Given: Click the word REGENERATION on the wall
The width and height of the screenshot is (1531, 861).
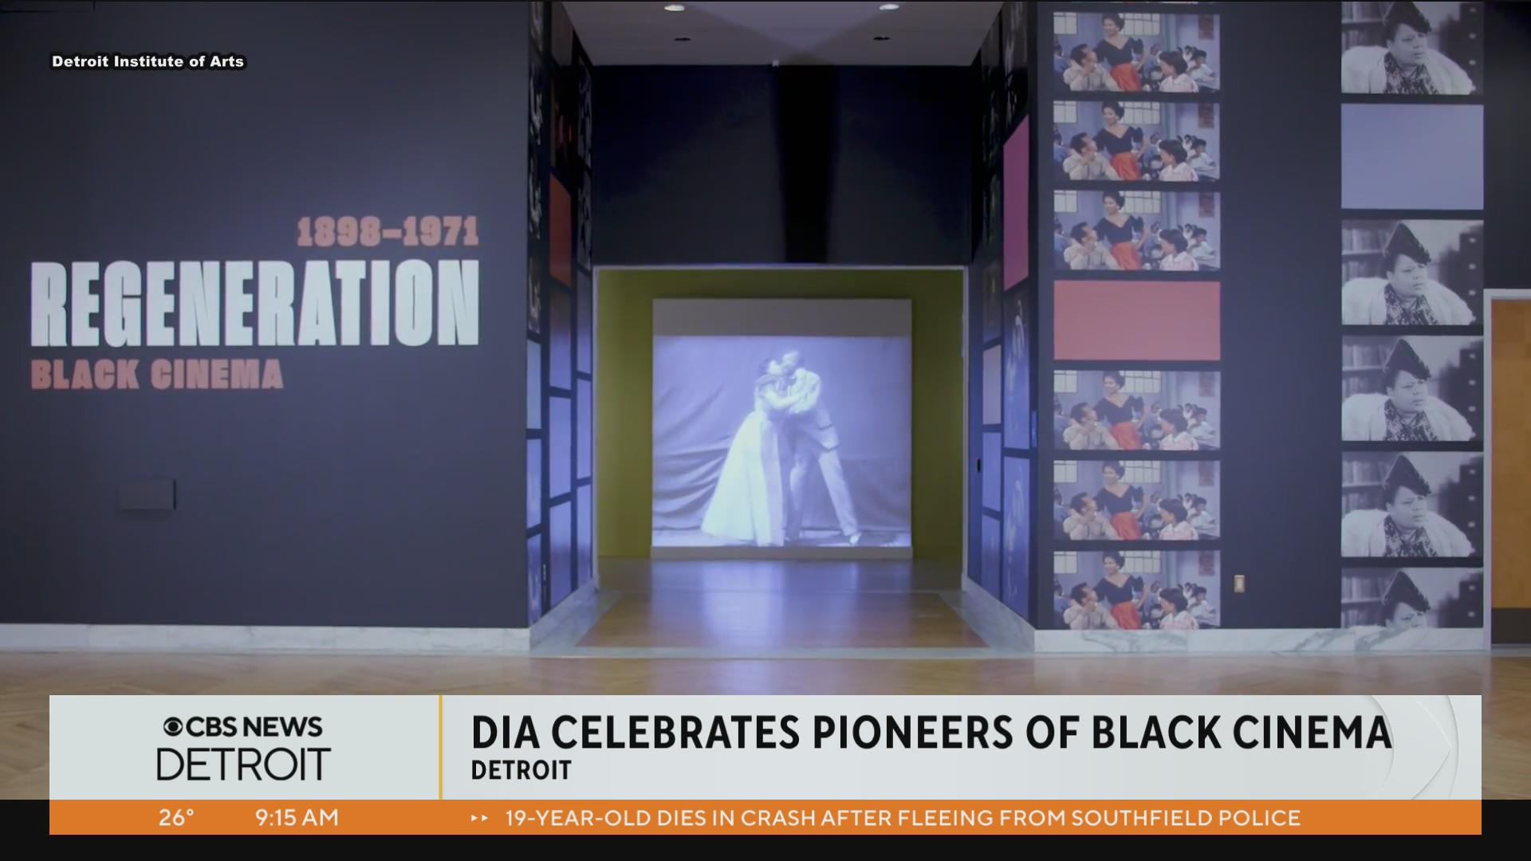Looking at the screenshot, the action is pyautogui.click(x=255, y=303).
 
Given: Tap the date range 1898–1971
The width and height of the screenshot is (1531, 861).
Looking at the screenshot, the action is pyautogui.click(x=388, y=232).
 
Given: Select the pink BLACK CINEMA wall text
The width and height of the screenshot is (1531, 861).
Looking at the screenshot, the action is pyautogui.click(x=157, y=375).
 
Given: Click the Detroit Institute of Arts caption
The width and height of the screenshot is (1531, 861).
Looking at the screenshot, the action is pyautogui.click(x=148, y=61).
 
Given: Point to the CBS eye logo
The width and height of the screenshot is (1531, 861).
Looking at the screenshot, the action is pyautogui.click(x=173, y=727).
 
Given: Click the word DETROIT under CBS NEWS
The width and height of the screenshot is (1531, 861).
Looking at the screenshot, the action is pyautogui.click(x=243, y=765).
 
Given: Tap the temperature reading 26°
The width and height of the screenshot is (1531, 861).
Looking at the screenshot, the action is pyautogui.click(x=175, y=818).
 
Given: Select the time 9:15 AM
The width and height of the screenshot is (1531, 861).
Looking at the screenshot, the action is pyautogui.click(x=297, y=818).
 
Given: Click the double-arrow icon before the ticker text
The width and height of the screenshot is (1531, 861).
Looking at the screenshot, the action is pyautogui.click(x=479, y=818).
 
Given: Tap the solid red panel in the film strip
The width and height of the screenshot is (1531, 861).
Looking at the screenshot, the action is pyautogui.click(x=1136, y=320).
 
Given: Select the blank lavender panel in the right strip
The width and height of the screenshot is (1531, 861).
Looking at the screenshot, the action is pyautogui.click(x=1411, y=156).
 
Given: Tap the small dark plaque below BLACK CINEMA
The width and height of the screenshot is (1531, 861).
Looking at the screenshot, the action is pyautogui.click(x=146, y=494).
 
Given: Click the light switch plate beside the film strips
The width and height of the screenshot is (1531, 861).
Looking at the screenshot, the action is pyautogui.click(x=1239, y=584).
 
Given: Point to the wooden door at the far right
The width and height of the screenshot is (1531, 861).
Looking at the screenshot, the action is pyautogui.click(x=1509, y=458).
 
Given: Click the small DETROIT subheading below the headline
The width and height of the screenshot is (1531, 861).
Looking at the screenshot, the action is pyautogui.click(x=521, y=770).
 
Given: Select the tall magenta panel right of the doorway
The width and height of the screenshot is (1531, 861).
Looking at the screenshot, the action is pyautogui.click(x=1016, y=203).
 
